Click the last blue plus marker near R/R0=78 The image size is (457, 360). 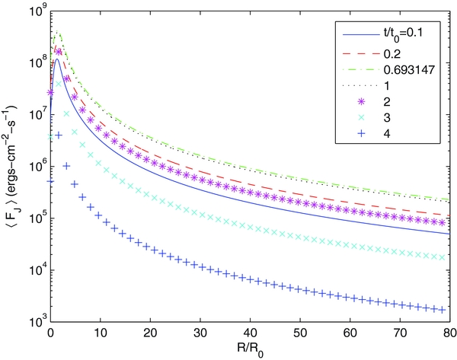click(x=439, y=310)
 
